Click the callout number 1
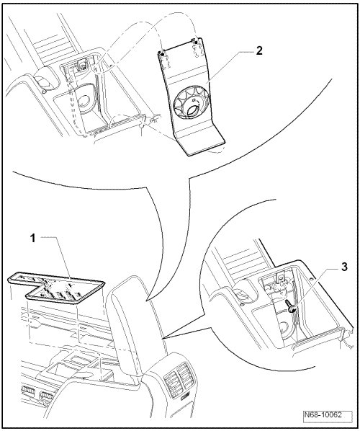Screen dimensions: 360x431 coord(33,238)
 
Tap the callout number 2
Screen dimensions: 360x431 coord(258,51)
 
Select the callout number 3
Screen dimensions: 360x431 coord(344,267)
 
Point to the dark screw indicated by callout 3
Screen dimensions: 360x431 coord(291,309)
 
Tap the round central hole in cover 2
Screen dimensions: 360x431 coord(192,112)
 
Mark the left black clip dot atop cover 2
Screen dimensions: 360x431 coord(163,55)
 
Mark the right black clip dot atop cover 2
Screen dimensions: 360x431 coord(196,43)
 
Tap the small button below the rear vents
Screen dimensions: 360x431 coord(185,396)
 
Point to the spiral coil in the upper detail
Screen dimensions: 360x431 coord(84,102)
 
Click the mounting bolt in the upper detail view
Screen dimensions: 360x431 coord(83,65)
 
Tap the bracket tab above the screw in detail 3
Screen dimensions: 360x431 coord(280,279)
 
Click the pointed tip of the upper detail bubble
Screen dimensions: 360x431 coord(147,301)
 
